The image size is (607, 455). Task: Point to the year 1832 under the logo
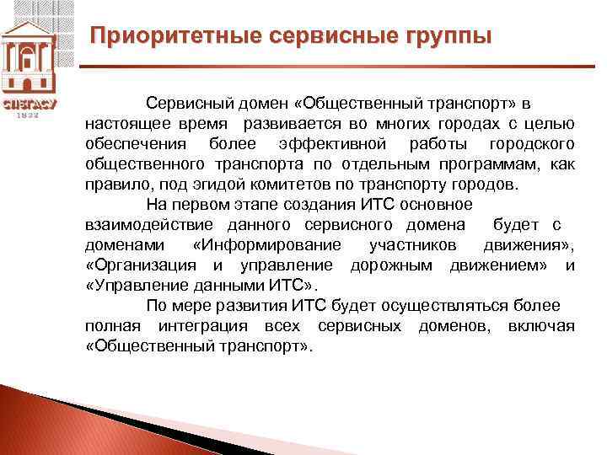point(29,115)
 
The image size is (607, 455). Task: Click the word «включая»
point(541,326)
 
